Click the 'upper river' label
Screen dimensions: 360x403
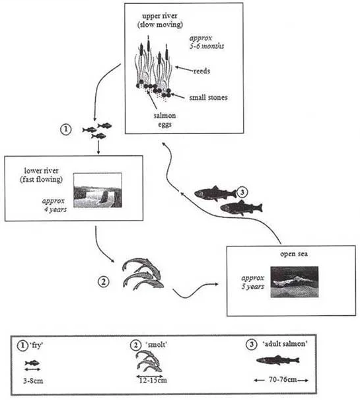[x=160, y=16]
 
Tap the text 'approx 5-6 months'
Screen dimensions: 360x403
[x=207, y=42]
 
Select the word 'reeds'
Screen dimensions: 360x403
[x=201, y=71]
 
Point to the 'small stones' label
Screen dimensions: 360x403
[x=208, y=97]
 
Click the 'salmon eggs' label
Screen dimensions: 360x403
[x=164, y=120]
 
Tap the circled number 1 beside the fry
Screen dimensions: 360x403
[x=66, y=129]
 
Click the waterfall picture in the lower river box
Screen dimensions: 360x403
[x=98, y=190]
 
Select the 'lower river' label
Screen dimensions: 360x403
[x=41, y=170]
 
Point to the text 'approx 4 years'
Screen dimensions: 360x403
[x=54, y=205]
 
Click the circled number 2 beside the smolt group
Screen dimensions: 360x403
[x=103, y=281]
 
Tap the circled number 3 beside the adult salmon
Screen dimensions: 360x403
[x=242, y=192]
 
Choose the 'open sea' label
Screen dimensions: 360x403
[x=294, y=254]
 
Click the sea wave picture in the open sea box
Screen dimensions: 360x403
[x=295, y=282]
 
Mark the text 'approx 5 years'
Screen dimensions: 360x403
[x=253, y=282]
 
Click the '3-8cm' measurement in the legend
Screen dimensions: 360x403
[x=33, y=381]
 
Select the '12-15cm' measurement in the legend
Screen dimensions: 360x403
[x=153, y=380]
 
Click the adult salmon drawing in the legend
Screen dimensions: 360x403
[x=278, y=360]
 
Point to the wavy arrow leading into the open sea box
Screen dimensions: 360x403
[x=196, y=290]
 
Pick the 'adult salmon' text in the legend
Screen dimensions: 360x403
[x=285, y=344]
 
